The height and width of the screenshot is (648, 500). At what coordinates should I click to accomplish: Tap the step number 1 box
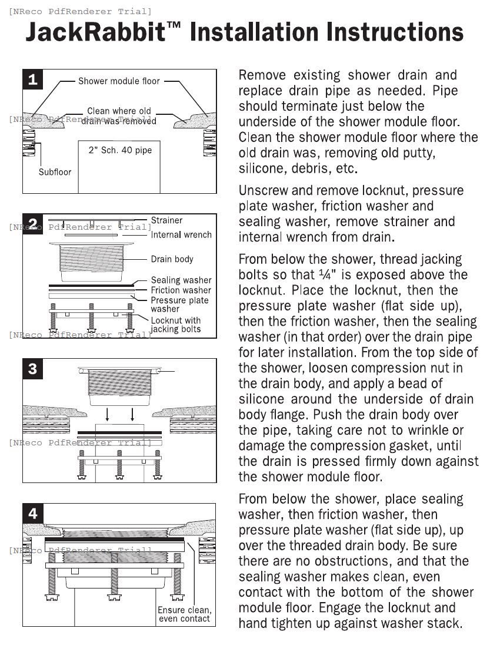[33, 79]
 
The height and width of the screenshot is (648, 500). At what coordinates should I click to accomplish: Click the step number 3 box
[33, 369]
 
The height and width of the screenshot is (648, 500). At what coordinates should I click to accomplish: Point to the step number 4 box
[33, 514]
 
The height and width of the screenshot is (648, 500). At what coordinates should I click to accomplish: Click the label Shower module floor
[119, 81]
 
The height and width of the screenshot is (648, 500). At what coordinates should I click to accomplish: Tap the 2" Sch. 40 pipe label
[120, 150]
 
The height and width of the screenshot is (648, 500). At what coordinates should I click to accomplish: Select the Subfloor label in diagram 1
[55, 172]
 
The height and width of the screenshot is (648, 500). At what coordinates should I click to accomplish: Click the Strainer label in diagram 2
[166, 220]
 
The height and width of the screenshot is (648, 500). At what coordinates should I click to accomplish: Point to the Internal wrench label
[181, 234]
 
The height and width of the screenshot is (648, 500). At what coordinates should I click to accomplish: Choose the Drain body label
[172, 259]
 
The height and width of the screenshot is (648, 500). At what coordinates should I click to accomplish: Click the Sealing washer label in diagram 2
[181, 280]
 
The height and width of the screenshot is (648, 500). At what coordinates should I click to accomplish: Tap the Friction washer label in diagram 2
[181, 290]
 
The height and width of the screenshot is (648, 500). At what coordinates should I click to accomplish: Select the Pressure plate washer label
[179, 304]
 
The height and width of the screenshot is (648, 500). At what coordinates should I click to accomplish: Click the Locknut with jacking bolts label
[175, 325]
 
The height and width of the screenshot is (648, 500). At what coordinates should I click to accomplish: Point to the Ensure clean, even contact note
[184, 614]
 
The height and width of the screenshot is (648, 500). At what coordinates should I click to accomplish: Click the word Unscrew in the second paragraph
[262, 191]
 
